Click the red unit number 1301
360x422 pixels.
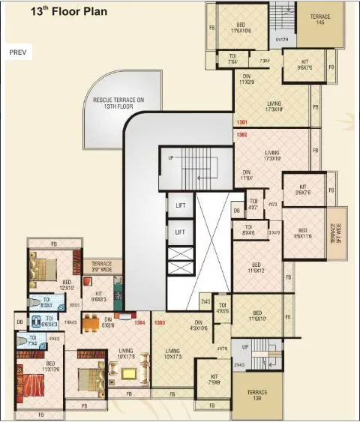(241, 122)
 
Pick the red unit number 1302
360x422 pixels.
(241, 135)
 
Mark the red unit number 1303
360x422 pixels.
(159, 323)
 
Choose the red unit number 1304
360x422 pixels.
(139, 323)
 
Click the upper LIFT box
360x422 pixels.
(179, 205)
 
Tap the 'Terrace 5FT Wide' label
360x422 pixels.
(337, 233)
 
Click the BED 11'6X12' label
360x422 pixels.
(256, 267)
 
